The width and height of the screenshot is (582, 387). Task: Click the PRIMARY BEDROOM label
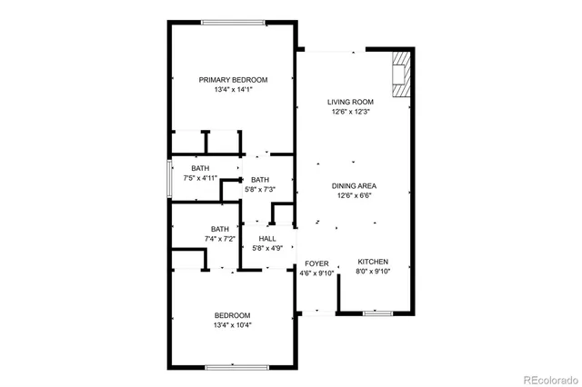[x=233, y=80]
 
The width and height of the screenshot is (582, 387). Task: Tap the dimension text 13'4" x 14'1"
[x=233, y=90]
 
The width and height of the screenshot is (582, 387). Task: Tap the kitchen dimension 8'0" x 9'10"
[x=372, y=272]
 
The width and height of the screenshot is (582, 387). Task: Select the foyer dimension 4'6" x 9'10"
[x=317, y=273]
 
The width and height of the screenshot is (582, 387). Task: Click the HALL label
[x=267, y=238]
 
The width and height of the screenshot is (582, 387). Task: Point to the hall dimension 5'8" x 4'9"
[x=267, y=248]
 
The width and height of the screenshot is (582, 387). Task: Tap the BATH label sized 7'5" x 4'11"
[x=200, y=169]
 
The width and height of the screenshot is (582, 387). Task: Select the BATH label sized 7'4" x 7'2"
[x=220, y=229]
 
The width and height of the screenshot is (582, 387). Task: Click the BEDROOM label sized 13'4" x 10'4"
[x=233, y=315]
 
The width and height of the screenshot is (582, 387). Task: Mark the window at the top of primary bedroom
[x=234, y=23]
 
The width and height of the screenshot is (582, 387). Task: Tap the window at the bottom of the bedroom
[x=234, y=367]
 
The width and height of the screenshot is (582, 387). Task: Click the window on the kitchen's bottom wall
[x=376, y=313]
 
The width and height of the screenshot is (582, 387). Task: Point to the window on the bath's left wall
[x=168, y=179]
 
